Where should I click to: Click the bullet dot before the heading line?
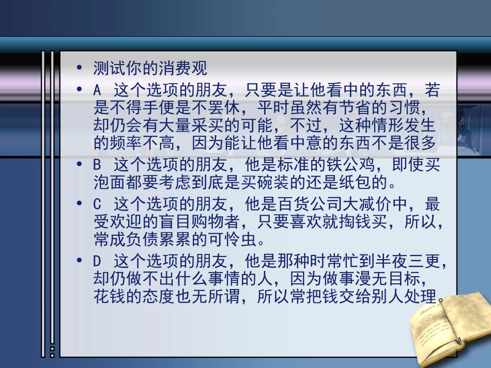[x=79, y=68]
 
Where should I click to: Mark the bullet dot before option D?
[x=79, y=262]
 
